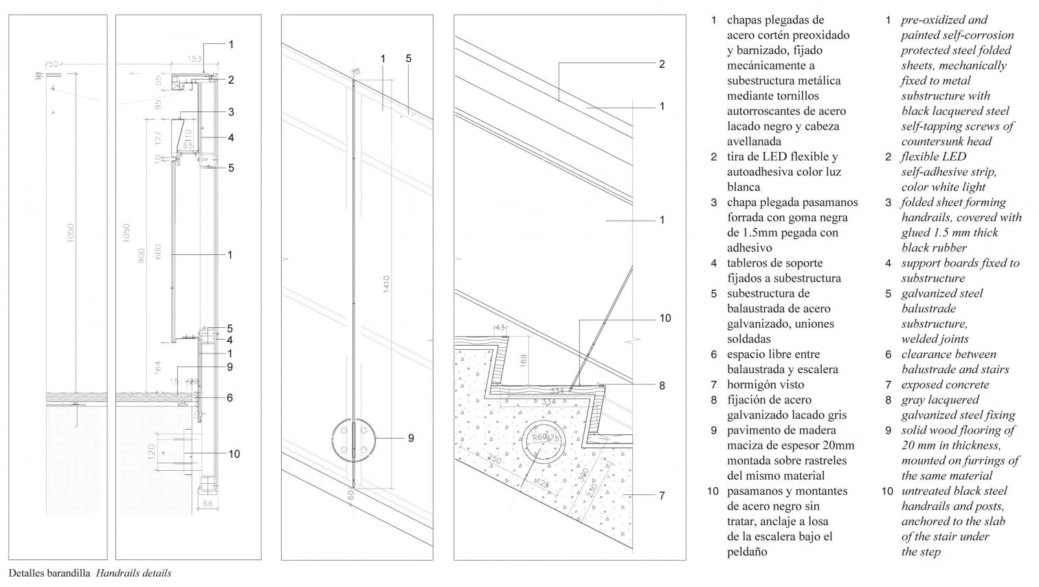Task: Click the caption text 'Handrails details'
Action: pyautogui.click(x=133, y=573)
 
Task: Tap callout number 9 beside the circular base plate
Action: pyautogui.click(x=410, y=438)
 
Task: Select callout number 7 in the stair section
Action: pyautogui.click(x=662, y=495)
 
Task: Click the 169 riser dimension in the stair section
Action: pyautogui.click(x=524, y=360)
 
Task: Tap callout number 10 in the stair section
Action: pyautogui.click(x=664, y=318)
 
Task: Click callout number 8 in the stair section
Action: pyautogui.click(x=662, y=386)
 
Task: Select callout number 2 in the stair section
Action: pyautogui.click(x=662, y=65)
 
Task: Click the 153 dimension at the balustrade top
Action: pyautogui.click(x=194, y=59)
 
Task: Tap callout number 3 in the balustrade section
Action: pyautogui.click(x=231, y=112)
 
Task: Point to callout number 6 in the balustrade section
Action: pyautogui.click(x=230, y=398)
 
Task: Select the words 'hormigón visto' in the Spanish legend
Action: pyautogui.click(x=765, y=385)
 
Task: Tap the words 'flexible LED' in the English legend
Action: pyautogui.click(x=933, y=157)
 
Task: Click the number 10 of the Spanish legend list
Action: pyautogui.click(x=713, y=491)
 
